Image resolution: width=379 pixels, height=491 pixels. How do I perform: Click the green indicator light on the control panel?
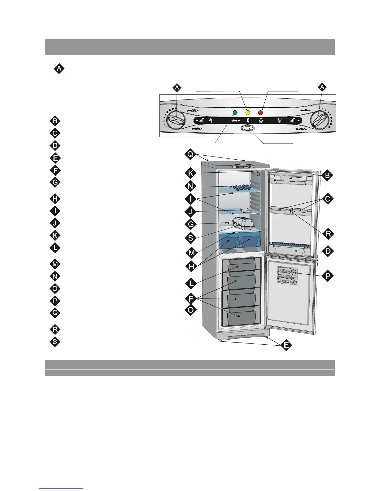point(235,112)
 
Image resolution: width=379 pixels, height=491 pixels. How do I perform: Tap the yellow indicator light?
point(248,112)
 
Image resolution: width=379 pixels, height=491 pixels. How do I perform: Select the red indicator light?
point(260,112)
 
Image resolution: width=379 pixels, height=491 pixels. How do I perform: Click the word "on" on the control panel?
point(235,120)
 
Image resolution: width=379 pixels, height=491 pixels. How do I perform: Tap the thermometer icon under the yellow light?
point(248,121)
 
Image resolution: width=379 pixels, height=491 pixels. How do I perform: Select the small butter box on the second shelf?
point(246,210)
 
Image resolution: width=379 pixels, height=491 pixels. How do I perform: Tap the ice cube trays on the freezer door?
point(287,275)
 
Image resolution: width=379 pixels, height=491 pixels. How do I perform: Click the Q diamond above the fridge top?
point(190,154)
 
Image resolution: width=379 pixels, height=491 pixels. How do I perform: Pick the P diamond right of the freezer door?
point(328,276)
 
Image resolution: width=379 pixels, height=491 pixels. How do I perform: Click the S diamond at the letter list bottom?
point(55,342)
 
